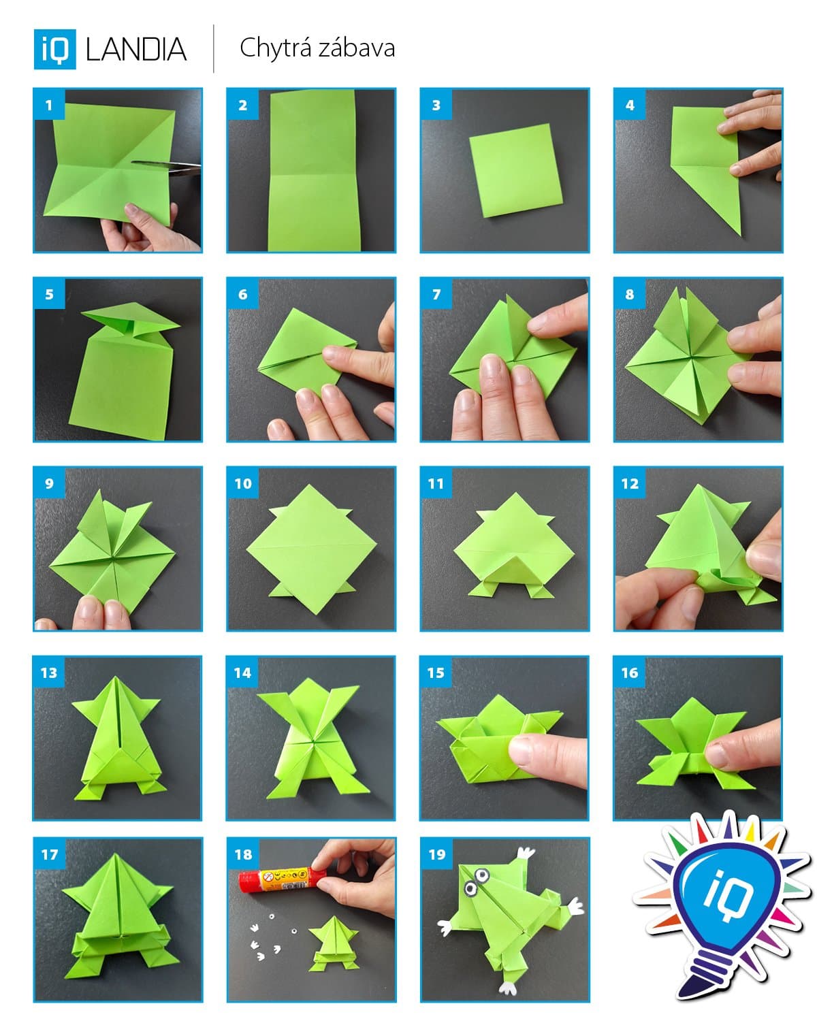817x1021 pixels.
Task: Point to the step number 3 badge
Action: (436, 106)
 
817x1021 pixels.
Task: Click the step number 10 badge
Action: (243, 484)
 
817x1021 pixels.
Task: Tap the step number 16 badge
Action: (630, 673)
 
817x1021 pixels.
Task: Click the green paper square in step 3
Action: (515, 170)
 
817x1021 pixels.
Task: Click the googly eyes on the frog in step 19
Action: (477, 881)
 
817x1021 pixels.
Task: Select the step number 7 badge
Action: (436, 295)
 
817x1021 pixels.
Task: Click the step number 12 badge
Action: (630, 484)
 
